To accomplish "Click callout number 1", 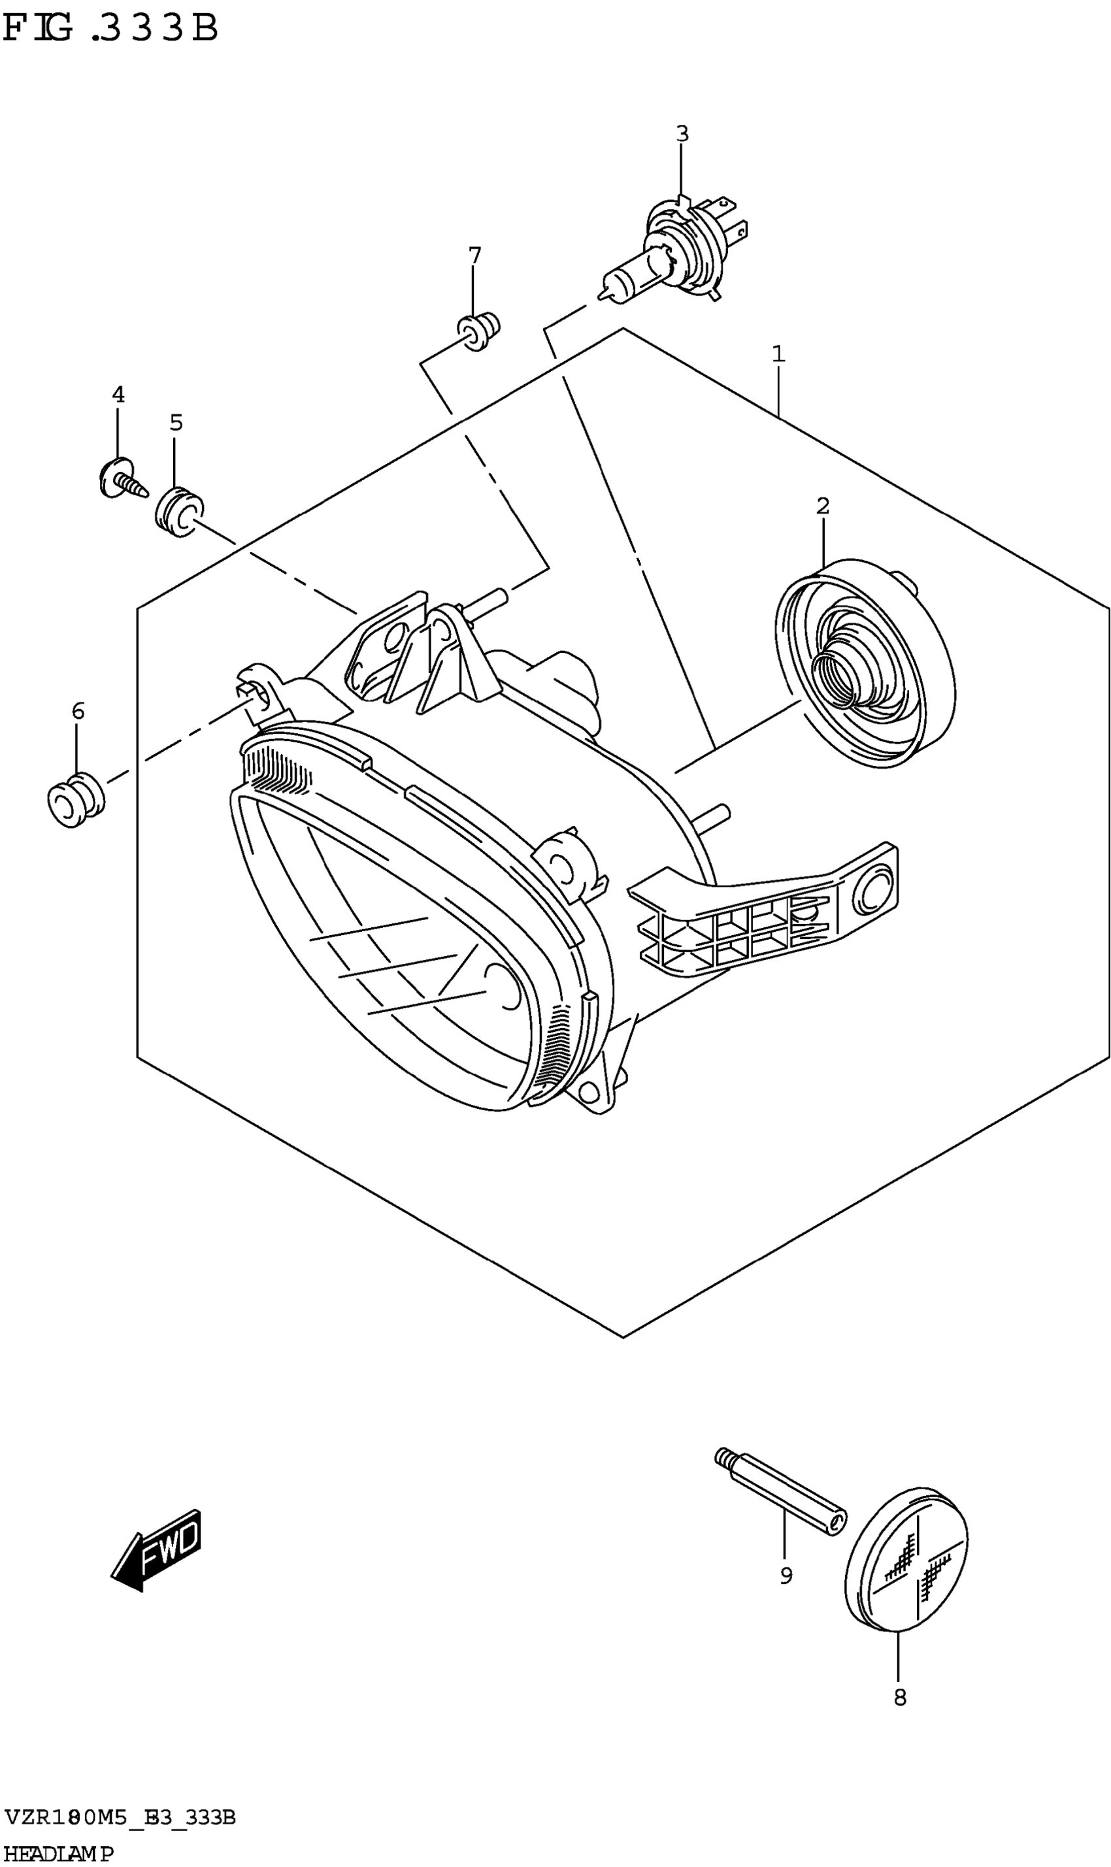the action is (778, 354).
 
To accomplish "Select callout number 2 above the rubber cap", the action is (823, 506).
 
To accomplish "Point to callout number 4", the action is (118, 395).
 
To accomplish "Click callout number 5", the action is (176, 423).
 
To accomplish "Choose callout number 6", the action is (78, 710).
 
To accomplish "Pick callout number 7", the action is (474, 256).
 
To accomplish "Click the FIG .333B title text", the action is (111, 30).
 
